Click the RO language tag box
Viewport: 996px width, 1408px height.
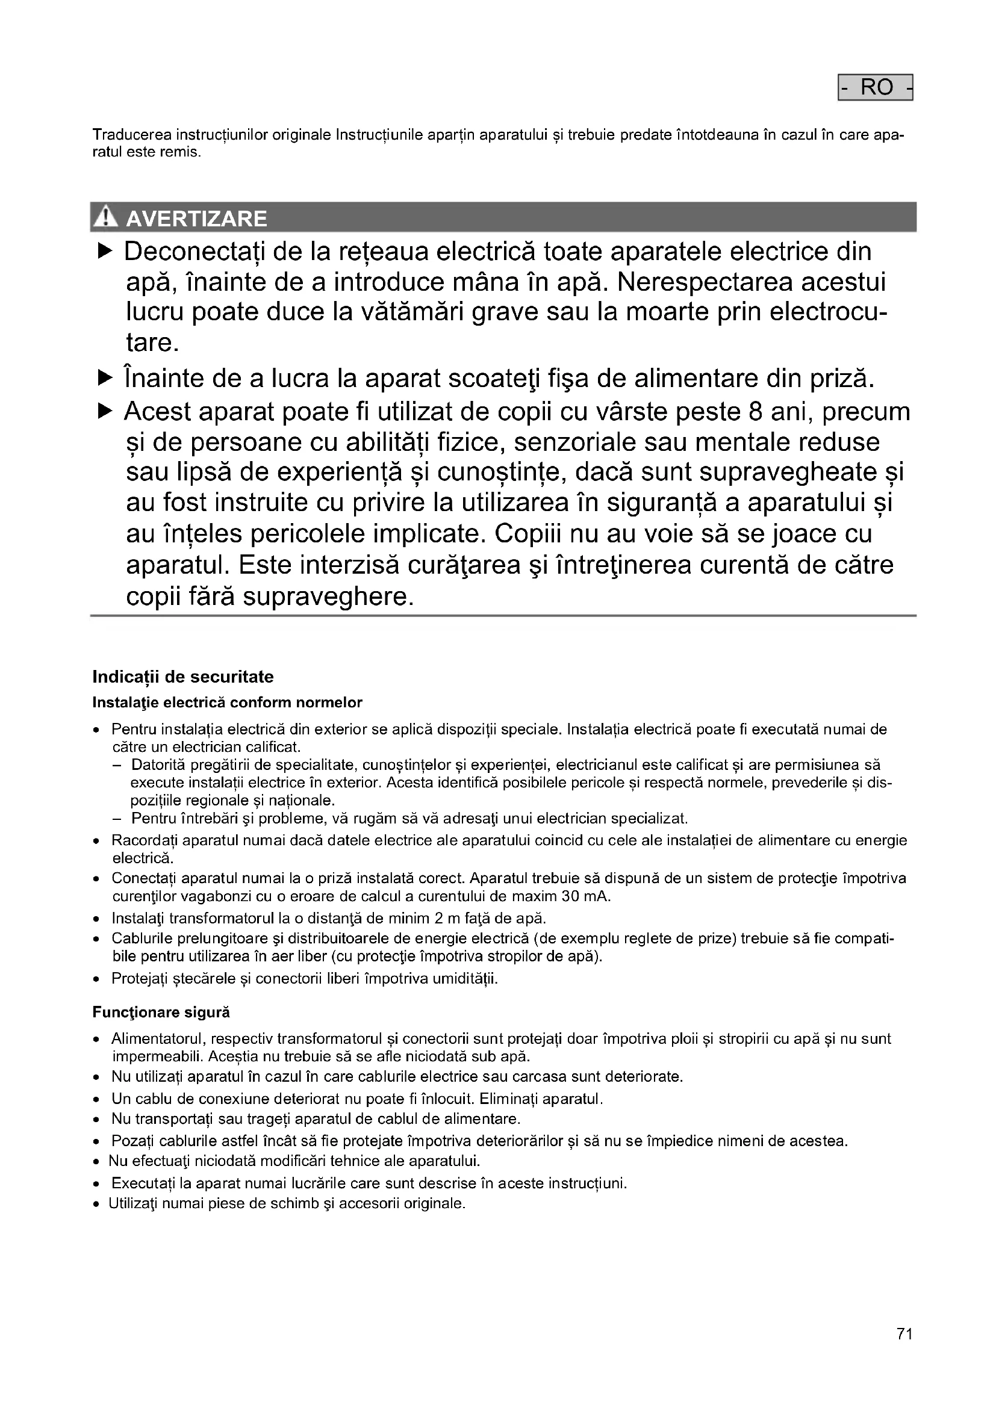click(x=875, y=87)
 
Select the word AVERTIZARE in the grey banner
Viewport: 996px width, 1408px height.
click(x=196, y=219)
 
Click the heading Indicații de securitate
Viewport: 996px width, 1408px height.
click(x=183, y=677)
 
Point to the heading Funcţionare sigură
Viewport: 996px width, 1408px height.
click(x=161, y=1013)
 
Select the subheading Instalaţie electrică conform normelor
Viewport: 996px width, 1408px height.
click(x=227, y=702)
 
